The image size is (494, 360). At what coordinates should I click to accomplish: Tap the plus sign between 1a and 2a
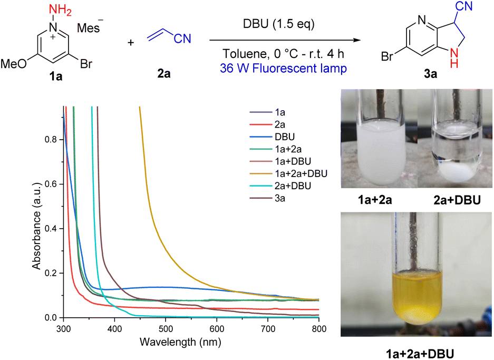(x=131, y=41)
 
